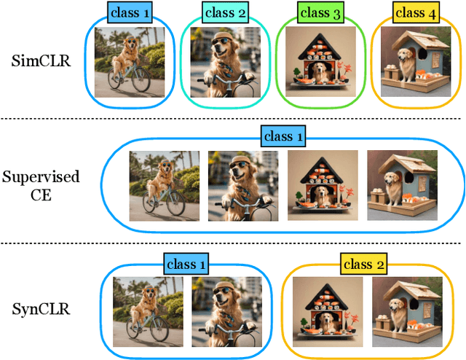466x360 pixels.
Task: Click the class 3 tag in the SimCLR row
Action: coord(319,12)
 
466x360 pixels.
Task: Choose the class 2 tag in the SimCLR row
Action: coord(226,12)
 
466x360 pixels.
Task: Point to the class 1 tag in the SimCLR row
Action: coord(130,12)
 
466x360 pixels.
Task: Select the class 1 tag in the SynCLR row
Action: coord(185,264)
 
